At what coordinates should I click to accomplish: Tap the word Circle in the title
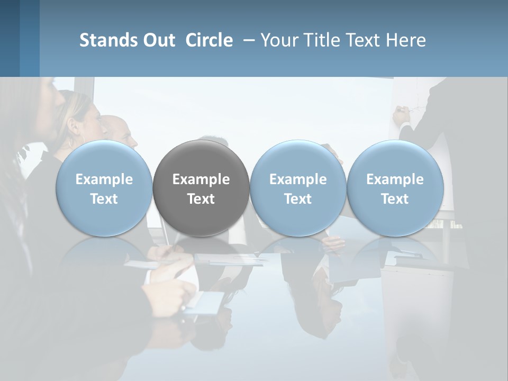(209, 40)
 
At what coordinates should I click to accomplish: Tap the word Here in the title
(406, 40)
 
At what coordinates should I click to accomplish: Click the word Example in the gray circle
(201, 179)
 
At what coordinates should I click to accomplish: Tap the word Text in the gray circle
(201, 199)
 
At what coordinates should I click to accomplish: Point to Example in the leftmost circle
(104, 179)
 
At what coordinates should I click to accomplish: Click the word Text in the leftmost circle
(104, 199)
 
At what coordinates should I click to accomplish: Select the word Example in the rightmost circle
(395, 179)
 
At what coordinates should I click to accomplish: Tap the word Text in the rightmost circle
(395, 199)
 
